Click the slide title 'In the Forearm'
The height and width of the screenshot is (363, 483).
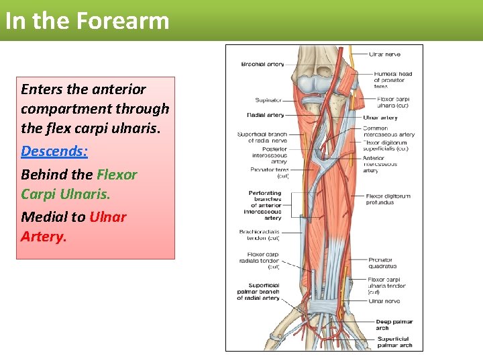(x=87, y=21)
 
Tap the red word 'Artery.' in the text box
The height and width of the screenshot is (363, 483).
(x=44, y=237)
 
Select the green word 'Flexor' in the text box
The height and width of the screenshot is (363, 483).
(x=117, y=175)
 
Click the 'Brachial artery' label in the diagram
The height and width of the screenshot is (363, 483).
(x=262, y=65)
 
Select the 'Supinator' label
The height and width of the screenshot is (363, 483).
(x=268, y=100)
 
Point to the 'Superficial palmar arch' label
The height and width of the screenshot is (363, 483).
(x=394, y=342)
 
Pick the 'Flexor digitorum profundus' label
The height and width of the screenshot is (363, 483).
(x=388, y=199)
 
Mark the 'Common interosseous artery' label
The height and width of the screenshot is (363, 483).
(x=388, y=131)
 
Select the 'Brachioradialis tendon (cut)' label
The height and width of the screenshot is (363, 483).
(x=259, y=235)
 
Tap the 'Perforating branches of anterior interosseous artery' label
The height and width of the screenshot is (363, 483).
(x=265, y=205)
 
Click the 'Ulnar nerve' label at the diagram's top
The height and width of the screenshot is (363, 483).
(x=386, y=54)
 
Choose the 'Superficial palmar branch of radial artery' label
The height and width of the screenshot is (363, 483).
(x=258, y=291)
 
